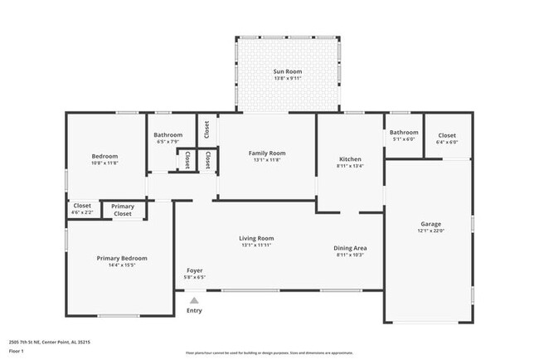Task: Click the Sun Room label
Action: pos(287,72)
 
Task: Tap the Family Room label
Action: pos(267,153)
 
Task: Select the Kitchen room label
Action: pos(350,158)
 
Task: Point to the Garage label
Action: pos(430,224)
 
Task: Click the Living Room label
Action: pos(256,238)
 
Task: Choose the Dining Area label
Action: pos(350,247)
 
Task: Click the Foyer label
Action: pos(194,270)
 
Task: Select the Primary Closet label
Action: pos(123,210)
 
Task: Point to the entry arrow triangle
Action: pos(194,300)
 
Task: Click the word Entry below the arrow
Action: pos(194,311)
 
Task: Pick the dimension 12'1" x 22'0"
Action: pos(430,231)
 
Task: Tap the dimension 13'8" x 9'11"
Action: pos(287,79)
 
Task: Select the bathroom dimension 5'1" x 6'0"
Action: pos(404,139)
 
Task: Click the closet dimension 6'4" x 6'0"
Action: pos(447,142)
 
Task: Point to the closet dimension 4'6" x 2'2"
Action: pos(82,212)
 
